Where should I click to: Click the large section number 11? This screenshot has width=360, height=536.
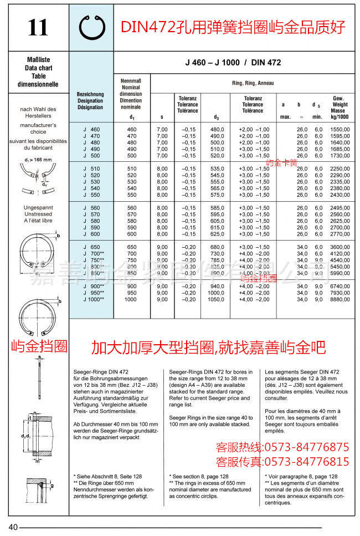pyautogui.click(x=37, y=28)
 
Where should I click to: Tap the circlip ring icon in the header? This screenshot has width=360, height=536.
pyautogui.click(x=92, y=27)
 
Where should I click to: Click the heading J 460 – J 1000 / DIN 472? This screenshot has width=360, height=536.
pyautogui.click(x=233, y=63)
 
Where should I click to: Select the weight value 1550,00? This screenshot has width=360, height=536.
pyautogui.click(x=338, y=129)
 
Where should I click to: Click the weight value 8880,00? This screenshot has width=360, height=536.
pyautogui.click(x=338, y=299)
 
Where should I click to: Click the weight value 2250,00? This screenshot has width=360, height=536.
pyautogui.click(x=338, y=169)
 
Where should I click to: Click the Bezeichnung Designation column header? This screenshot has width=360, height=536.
pyautogui.click(x=90, y=101)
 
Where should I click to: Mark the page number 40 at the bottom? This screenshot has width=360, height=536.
pyautogui.click(x=13, y=527)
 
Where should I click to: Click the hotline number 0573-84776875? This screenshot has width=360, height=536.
pyautogui.click(x=306, y=447)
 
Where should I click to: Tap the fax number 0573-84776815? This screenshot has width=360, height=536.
pyautogui.click(x=306, y=462)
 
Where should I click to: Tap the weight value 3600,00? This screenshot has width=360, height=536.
pyautogui.click(x=338, y=247)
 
